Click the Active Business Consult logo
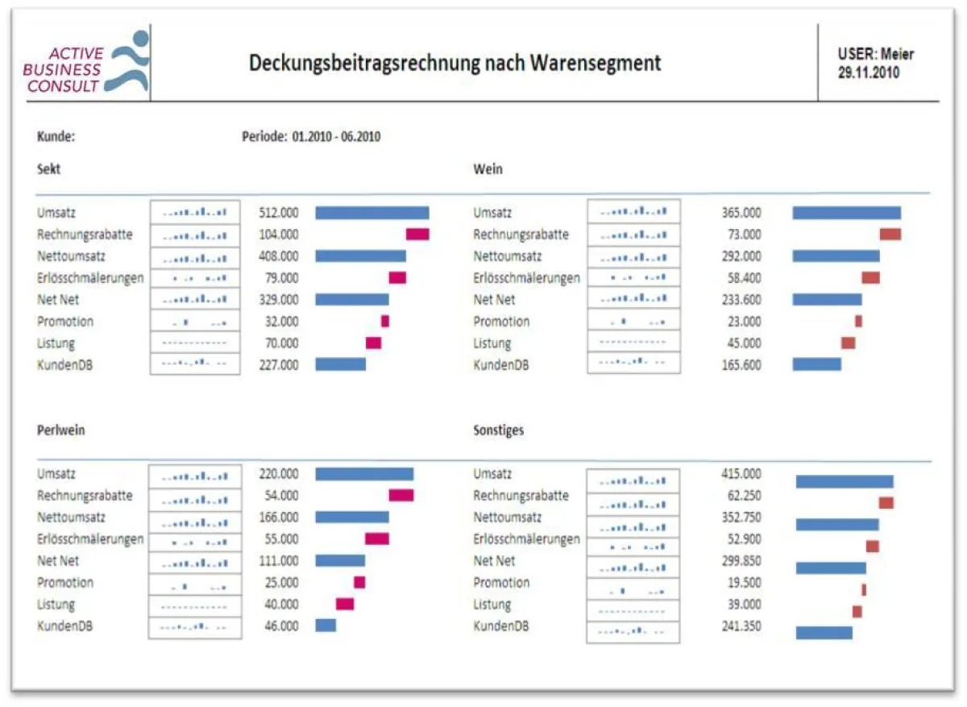85,63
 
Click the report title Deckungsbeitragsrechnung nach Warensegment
454,63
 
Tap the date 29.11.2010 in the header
869,72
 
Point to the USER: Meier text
876,55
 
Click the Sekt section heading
48,169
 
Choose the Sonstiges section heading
498,430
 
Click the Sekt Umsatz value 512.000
278,213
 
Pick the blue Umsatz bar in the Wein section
846,213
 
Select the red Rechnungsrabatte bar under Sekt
417,235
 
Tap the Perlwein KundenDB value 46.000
280,626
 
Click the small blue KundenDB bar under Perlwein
326,626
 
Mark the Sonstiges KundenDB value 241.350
741,626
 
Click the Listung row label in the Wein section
492,343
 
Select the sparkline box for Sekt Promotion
195,322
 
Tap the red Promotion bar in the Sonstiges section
864,589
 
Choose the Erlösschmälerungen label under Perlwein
90,539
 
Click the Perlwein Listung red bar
345,604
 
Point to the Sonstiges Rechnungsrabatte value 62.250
742,496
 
